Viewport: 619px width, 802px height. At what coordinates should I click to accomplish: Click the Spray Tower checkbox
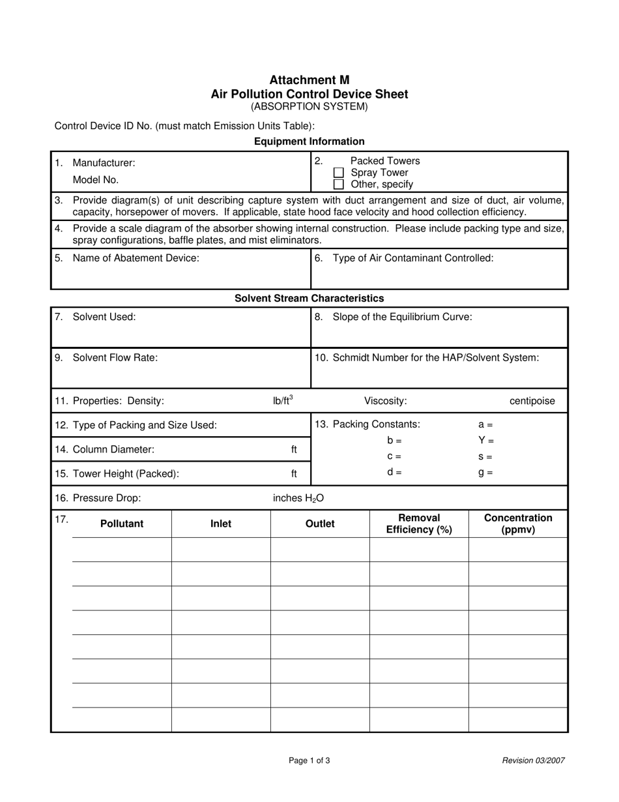point(338,173)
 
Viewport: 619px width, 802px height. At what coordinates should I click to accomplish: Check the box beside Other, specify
point(338,185)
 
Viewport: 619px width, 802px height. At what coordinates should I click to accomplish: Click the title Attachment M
point(309,80)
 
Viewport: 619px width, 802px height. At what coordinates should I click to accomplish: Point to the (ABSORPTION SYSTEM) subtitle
point(309,106)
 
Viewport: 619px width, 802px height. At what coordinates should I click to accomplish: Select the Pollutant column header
point(122,524)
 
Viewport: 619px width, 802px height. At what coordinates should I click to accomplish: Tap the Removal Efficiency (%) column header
point(419,524)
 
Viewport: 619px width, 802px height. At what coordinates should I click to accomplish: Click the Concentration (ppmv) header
point(518,524)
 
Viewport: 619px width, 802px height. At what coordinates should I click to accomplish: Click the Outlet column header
point(320,524)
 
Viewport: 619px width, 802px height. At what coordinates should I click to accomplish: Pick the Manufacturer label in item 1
point(104,163)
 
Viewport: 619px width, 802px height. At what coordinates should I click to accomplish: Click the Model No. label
point(96,180)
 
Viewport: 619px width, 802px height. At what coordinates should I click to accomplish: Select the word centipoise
point(532,401)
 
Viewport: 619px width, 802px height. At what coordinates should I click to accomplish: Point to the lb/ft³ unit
point(283,400)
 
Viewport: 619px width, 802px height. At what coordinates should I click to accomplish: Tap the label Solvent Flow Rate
point(115,357)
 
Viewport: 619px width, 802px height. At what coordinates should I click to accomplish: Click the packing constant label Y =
point(486,441)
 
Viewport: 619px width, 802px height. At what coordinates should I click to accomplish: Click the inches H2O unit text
point(298,498)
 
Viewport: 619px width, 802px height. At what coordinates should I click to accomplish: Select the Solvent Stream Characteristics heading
point(309,298)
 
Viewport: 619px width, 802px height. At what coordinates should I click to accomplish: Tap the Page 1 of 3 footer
point(309,760)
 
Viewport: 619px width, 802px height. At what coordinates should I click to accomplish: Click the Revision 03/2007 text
point(533,760)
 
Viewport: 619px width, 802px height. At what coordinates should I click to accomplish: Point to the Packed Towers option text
point(385,161)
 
